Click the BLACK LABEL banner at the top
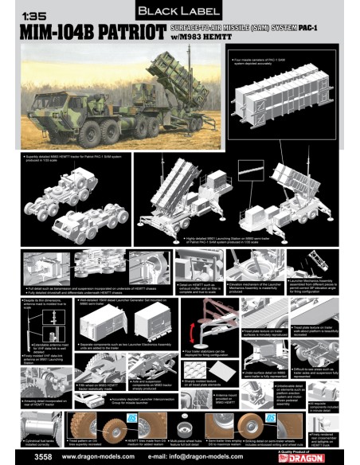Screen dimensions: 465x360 [180, 12]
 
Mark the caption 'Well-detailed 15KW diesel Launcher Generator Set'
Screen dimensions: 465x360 [112, 303]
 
